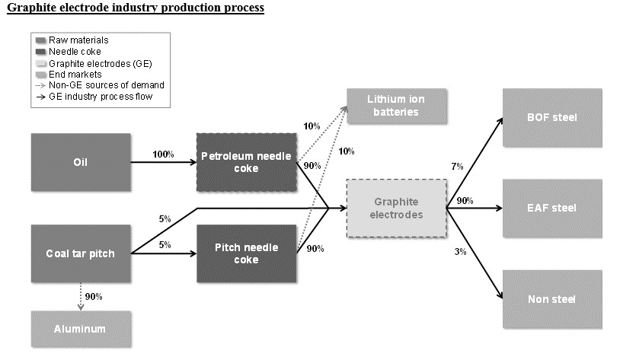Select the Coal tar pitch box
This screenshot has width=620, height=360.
pos(81,253)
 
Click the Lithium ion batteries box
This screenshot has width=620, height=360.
pos(397,107)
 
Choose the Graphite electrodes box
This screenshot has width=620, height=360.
pos(395,209)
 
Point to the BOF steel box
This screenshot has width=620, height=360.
pos(552,118)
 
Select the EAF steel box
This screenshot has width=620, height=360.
pos(552,208)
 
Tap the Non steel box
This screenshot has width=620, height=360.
pos(552,299)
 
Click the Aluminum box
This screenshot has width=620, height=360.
pos(81,329)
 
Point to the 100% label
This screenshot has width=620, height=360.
pos(163,155)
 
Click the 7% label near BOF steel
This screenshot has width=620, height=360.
pos(457,166)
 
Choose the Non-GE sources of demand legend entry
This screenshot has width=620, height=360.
pos(105,85)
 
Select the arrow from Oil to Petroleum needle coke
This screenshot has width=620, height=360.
pos(163,162)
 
